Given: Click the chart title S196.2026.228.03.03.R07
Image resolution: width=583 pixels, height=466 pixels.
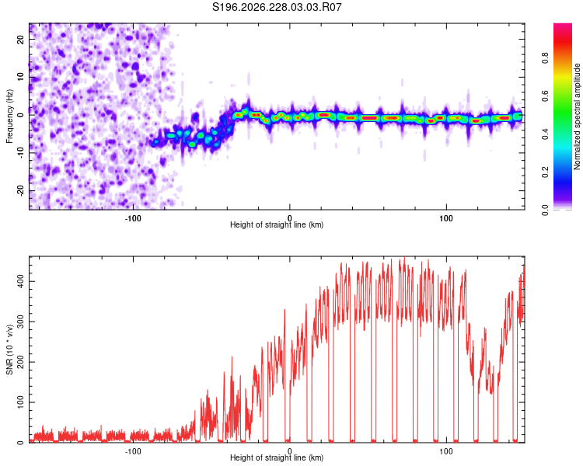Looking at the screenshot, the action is click(277, 7).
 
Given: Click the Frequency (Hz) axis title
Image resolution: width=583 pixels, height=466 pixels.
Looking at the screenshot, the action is click(9, 116).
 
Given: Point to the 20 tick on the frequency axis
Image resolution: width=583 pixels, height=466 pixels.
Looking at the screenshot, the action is click(20, 40).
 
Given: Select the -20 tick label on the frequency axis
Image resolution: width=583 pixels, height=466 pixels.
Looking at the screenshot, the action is click(20, 191).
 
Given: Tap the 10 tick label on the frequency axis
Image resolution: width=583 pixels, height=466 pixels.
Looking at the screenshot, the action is click(20, 78).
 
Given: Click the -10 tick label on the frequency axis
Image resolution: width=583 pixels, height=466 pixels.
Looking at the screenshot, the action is click(20, 153).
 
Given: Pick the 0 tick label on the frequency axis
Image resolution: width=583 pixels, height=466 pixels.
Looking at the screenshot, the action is click(20, 115).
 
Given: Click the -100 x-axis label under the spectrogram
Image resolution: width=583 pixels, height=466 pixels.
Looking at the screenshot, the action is click(133, 218).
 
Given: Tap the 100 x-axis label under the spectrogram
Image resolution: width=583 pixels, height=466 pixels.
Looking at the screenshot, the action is click(446, 218).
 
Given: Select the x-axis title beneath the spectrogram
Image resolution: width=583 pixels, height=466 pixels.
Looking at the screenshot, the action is click(277, 224).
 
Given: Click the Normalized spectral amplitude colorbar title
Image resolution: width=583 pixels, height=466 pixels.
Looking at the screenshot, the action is click(577, 116).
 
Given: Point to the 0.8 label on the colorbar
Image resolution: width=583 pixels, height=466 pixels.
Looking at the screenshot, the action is click(545, 58).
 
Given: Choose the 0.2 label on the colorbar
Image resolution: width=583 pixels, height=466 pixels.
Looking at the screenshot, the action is click(545, 172).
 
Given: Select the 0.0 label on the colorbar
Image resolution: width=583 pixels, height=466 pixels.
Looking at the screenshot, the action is click(545, 210).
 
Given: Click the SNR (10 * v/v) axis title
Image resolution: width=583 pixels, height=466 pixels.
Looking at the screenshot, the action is click(9, 349).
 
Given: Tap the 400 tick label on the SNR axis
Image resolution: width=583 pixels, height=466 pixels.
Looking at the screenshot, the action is click(20, 281).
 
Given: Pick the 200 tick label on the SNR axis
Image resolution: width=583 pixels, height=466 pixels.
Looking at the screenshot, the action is click(20, 362).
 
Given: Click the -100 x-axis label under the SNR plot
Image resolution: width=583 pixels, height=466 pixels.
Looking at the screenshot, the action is click(133, 451).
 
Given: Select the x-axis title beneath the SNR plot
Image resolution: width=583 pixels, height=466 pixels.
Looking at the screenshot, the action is click(277, 457).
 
